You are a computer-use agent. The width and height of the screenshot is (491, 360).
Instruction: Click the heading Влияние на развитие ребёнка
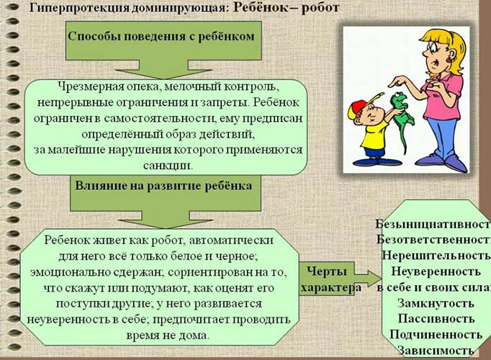(x=163, y=184)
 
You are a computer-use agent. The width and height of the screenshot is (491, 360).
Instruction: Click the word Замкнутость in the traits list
(x=436, y=302)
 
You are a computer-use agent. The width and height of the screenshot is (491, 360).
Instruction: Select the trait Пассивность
(x=436, y=318)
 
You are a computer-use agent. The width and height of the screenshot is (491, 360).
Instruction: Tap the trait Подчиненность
(x=436, y=335)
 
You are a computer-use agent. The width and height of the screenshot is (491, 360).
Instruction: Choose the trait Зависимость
(x=436, y=351)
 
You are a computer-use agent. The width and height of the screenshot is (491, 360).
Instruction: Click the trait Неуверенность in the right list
(x=436, y=271)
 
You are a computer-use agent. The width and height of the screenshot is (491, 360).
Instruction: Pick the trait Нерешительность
(x=436, y=256)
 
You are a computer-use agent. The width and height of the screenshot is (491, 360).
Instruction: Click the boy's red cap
(x=361, y=109)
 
